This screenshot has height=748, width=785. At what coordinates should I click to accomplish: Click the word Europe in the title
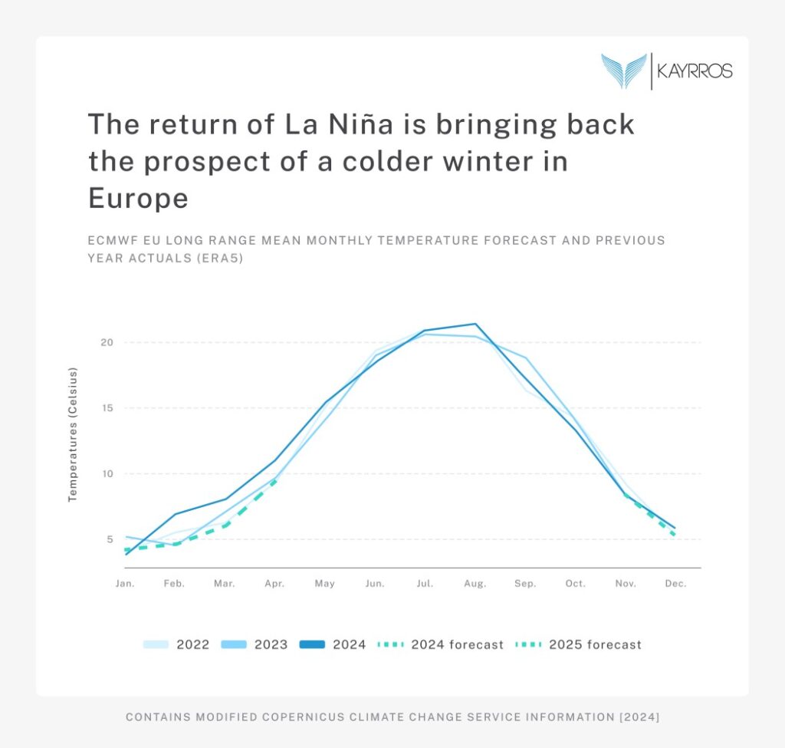138,199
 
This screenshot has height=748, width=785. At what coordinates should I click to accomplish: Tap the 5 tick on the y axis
109,539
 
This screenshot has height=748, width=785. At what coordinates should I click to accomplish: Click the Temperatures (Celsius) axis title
74,435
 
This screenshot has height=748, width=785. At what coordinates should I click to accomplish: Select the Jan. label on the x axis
125,584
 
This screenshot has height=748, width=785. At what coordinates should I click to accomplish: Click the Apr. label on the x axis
274,584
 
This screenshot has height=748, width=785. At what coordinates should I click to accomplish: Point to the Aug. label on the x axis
475,584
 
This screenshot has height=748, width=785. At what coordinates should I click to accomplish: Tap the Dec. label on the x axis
675,584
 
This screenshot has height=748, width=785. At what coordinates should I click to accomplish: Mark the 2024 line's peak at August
475,324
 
